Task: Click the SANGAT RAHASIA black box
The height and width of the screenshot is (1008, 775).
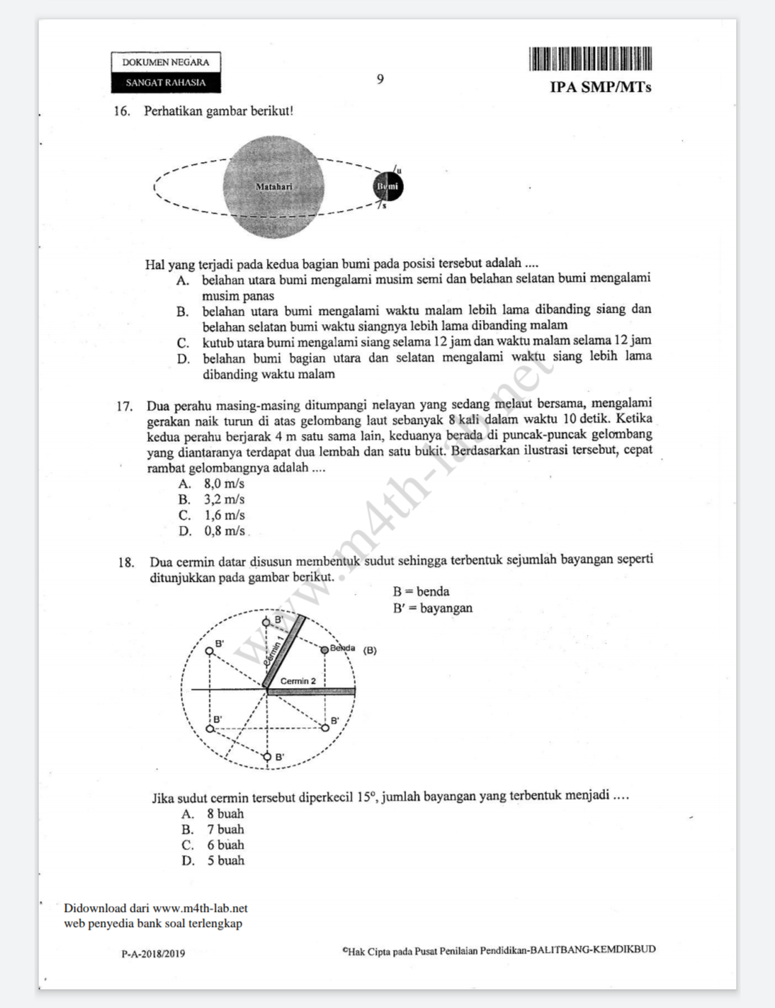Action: pyautogui.click(x=166, y=83)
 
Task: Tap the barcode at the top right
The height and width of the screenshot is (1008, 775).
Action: pyautogui.click(x=590, y=59)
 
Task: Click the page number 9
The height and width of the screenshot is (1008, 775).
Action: pyautogui.click(x=380, y=79)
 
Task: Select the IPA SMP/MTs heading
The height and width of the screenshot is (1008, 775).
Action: pyautogui.click(x=601, y=88)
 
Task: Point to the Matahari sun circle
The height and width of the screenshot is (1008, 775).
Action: pyautogui.click(x=273, y=187)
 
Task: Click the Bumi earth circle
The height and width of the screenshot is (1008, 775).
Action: pyautogui.click(x=388, y=187)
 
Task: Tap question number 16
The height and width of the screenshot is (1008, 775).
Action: pyautogui.click(x=122, y=111)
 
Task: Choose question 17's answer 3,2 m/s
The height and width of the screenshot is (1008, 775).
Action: pyautogui.click(x=224, y=499)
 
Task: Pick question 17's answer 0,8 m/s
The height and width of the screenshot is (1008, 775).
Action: pyautogui.click(x=224, y=531)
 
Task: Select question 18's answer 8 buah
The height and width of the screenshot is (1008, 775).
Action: pyautogui.click(x=225, y=814)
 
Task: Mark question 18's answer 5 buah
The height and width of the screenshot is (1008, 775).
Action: pyautogui.click(x=225, y=860)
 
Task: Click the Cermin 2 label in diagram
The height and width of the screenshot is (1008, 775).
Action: pyautogui.click(x=298, y=681)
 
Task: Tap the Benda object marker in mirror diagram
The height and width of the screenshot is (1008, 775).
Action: pyautogui.click(x=324, y=649)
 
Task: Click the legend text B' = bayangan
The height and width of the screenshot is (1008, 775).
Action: pyautogui.click(x=433, y=608)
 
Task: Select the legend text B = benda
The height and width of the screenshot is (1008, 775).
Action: pyautogui.click(x=421, y=592)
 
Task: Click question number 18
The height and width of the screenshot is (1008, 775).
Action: pyautogui.click(x=126, y=562)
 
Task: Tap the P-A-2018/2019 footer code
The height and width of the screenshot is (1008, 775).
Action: pyautogui.click(x=153, y=953)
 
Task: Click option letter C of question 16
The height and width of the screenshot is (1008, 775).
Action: pyautogui.click(x=184, y=343)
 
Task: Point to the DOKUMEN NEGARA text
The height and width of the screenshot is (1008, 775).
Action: pyautogui.click(x=166, y=62)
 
